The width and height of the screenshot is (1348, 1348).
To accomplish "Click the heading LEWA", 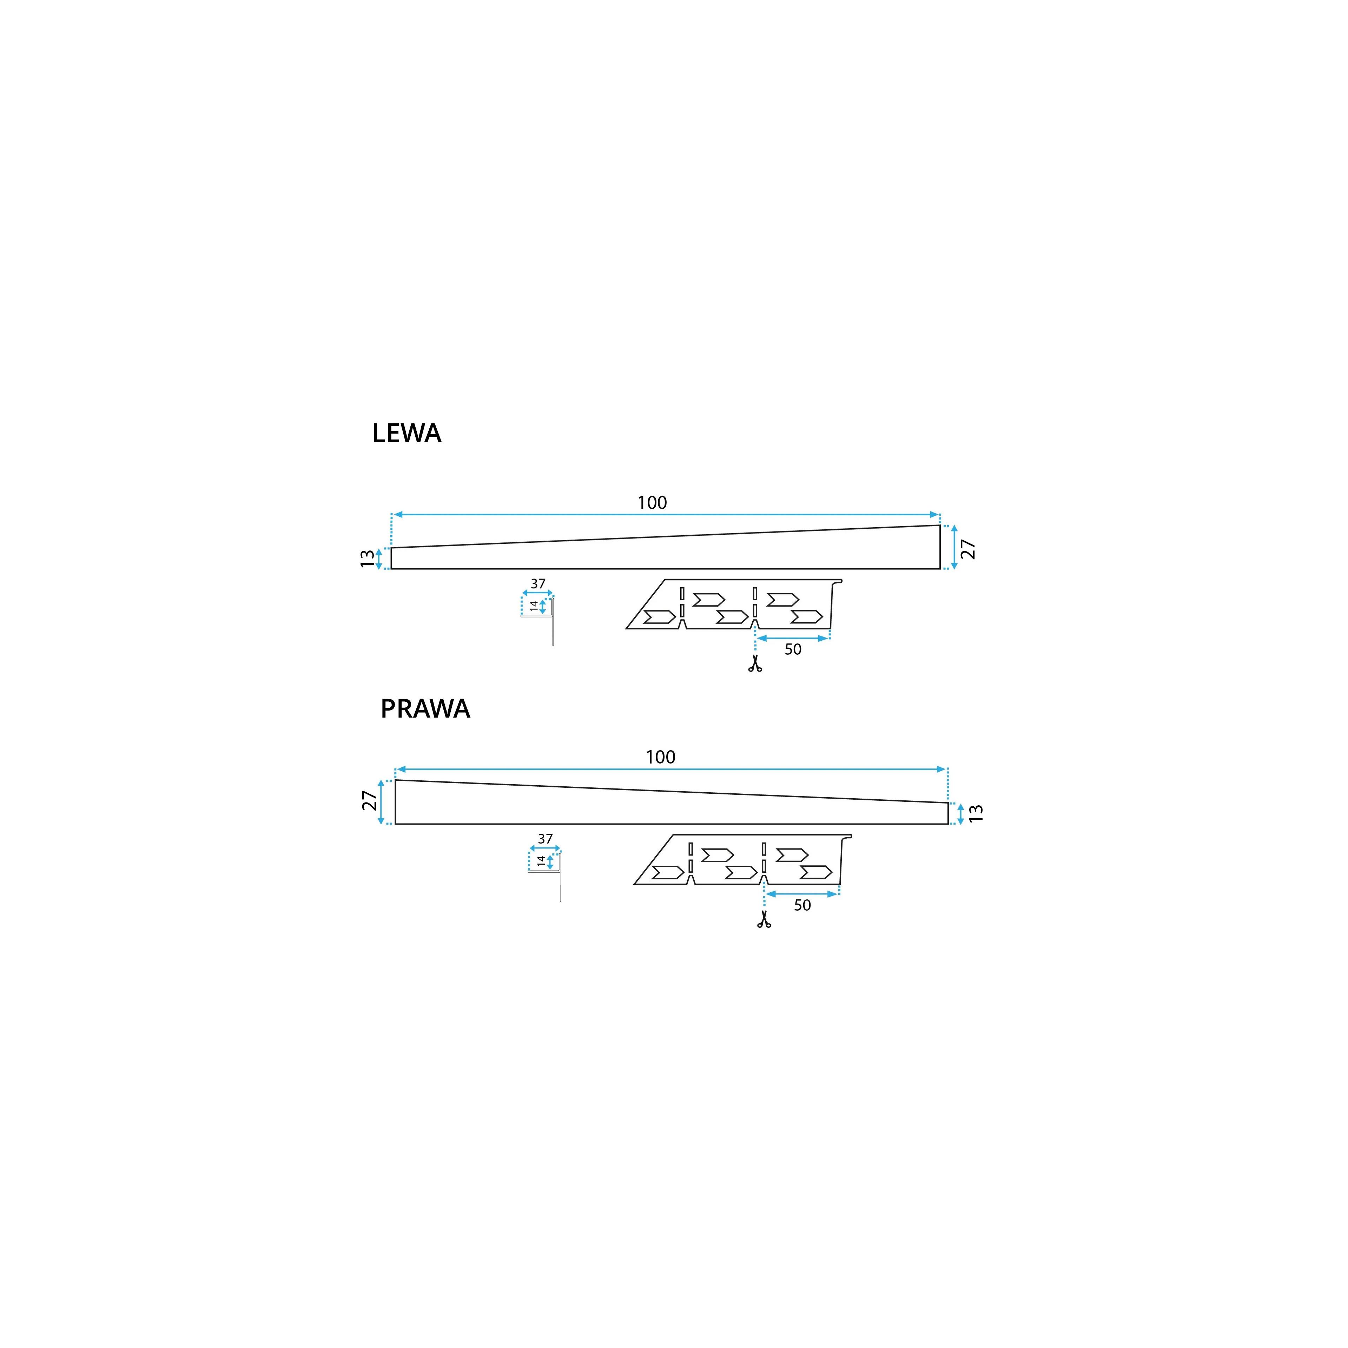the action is pos(407,433).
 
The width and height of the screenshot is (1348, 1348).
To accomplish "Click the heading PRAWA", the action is pos(425,709).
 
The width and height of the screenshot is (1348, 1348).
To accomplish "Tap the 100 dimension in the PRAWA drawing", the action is pos(661,757).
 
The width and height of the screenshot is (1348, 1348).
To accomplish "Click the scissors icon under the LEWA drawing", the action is pos(755,663).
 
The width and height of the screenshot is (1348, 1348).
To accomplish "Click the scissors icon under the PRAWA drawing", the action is pos(764,920).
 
